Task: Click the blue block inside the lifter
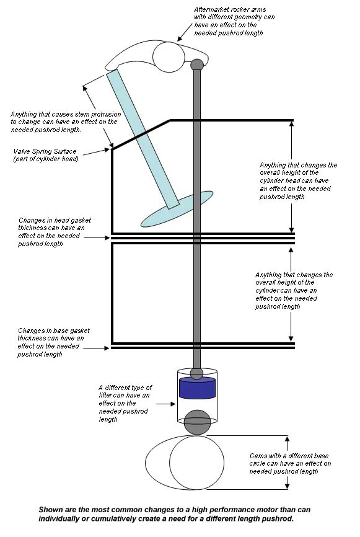(198, 388)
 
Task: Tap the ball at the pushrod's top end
(197, 64)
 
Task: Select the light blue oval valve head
(177, 209)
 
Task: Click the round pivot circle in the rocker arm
(169, 57)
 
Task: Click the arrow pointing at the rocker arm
(185, 32)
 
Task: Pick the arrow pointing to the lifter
(166, 404)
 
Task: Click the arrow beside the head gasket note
(97, 237)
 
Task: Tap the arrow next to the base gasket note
(97, 348)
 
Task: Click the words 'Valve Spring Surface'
(45, 151)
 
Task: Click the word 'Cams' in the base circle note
(257, 456)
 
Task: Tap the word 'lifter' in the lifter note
(107, 395)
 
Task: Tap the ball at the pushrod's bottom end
(197, 373)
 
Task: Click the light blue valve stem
(143, 139)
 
